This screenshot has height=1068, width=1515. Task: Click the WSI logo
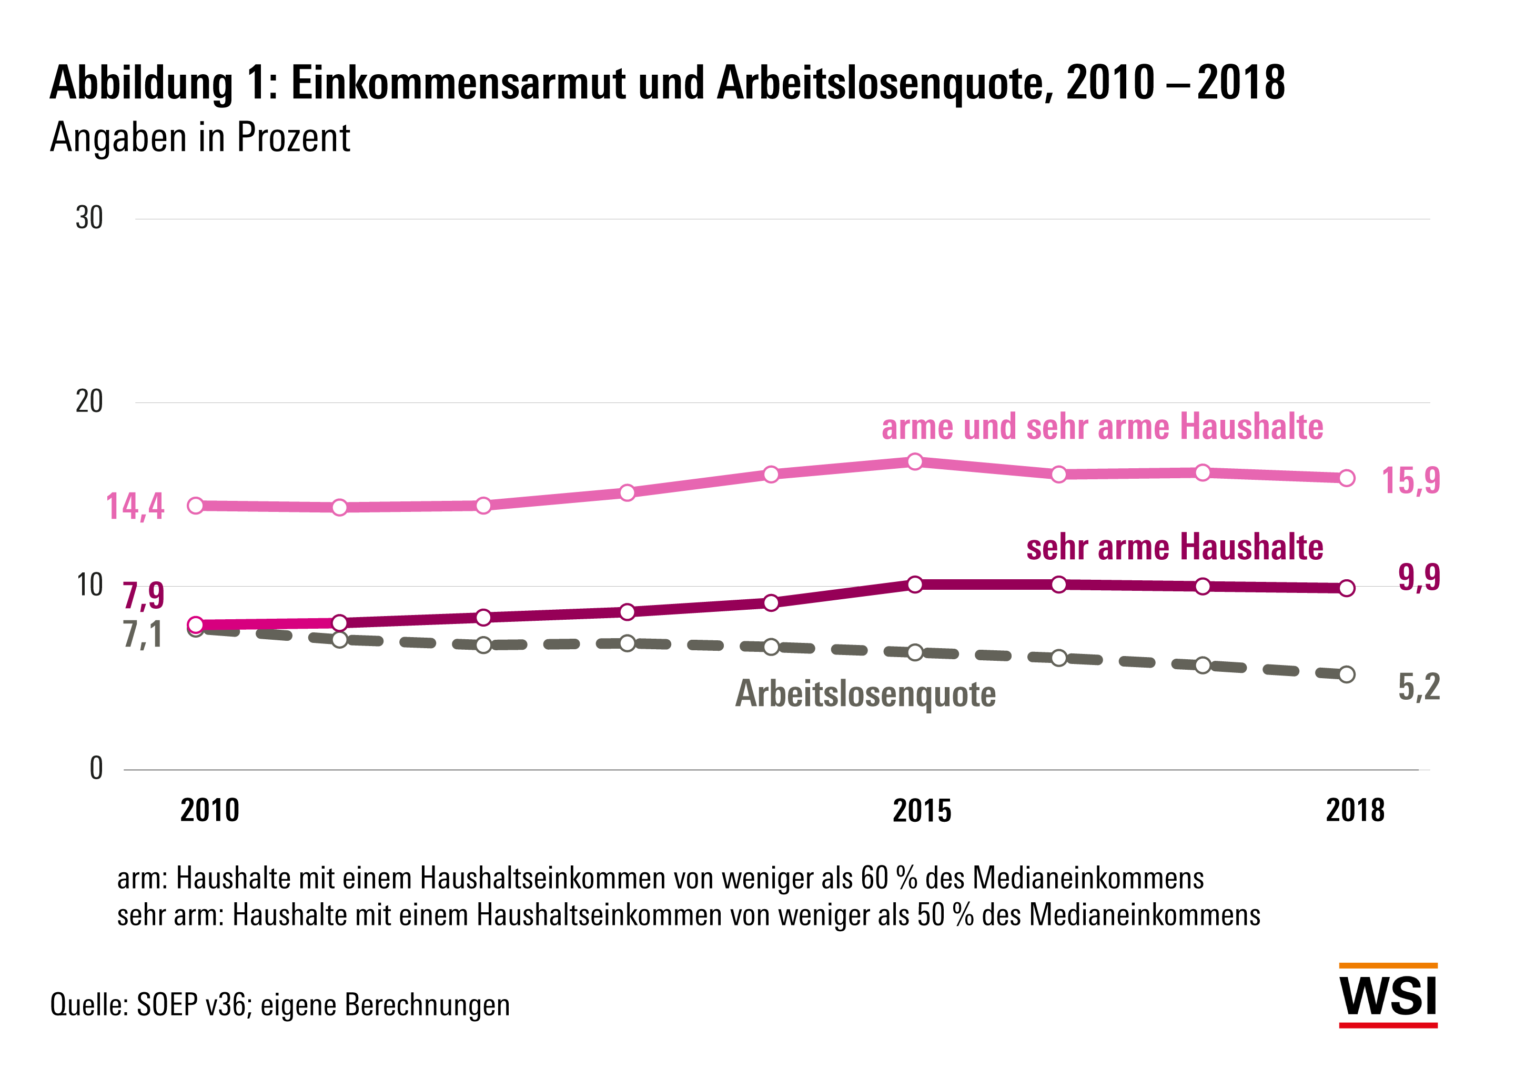coord(1388,995)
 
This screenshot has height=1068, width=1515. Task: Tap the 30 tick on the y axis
coord(89,218)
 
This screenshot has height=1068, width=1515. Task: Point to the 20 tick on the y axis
coord(89,402)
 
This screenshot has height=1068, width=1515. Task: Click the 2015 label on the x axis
coord(922,811)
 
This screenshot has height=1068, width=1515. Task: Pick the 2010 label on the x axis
coord(209,811)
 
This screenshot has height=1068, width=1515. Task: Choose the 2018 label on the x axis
coord(1355,811)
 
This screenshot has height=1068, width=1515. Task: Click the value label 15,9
coord(1411,480)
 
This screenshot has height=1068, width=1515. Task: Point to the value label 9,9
coord(1419,578)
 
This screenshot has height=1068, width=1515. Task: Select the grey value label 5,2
coord(1419,687)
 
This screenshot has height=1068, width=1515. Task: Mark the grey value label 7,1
coord(143,635)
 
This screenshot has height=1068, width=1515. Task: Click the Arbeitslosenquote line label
coord(865,694)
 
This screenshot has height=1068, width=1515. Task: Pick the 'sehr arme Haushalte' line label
coord(1175,547)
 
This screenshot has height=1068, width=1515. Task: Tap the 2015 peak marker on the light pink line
coord(915,461)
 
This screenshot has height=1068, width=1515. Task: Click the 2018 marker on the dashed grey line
coord(1347,674)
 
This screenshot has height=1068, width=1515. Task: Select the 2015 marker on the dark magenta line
coord(915,584)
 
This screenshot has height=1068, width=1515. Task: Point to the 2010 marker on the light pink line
coord(195,506)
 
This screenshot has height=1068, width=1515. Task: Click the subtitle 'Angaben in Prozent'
coord(200,137)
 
